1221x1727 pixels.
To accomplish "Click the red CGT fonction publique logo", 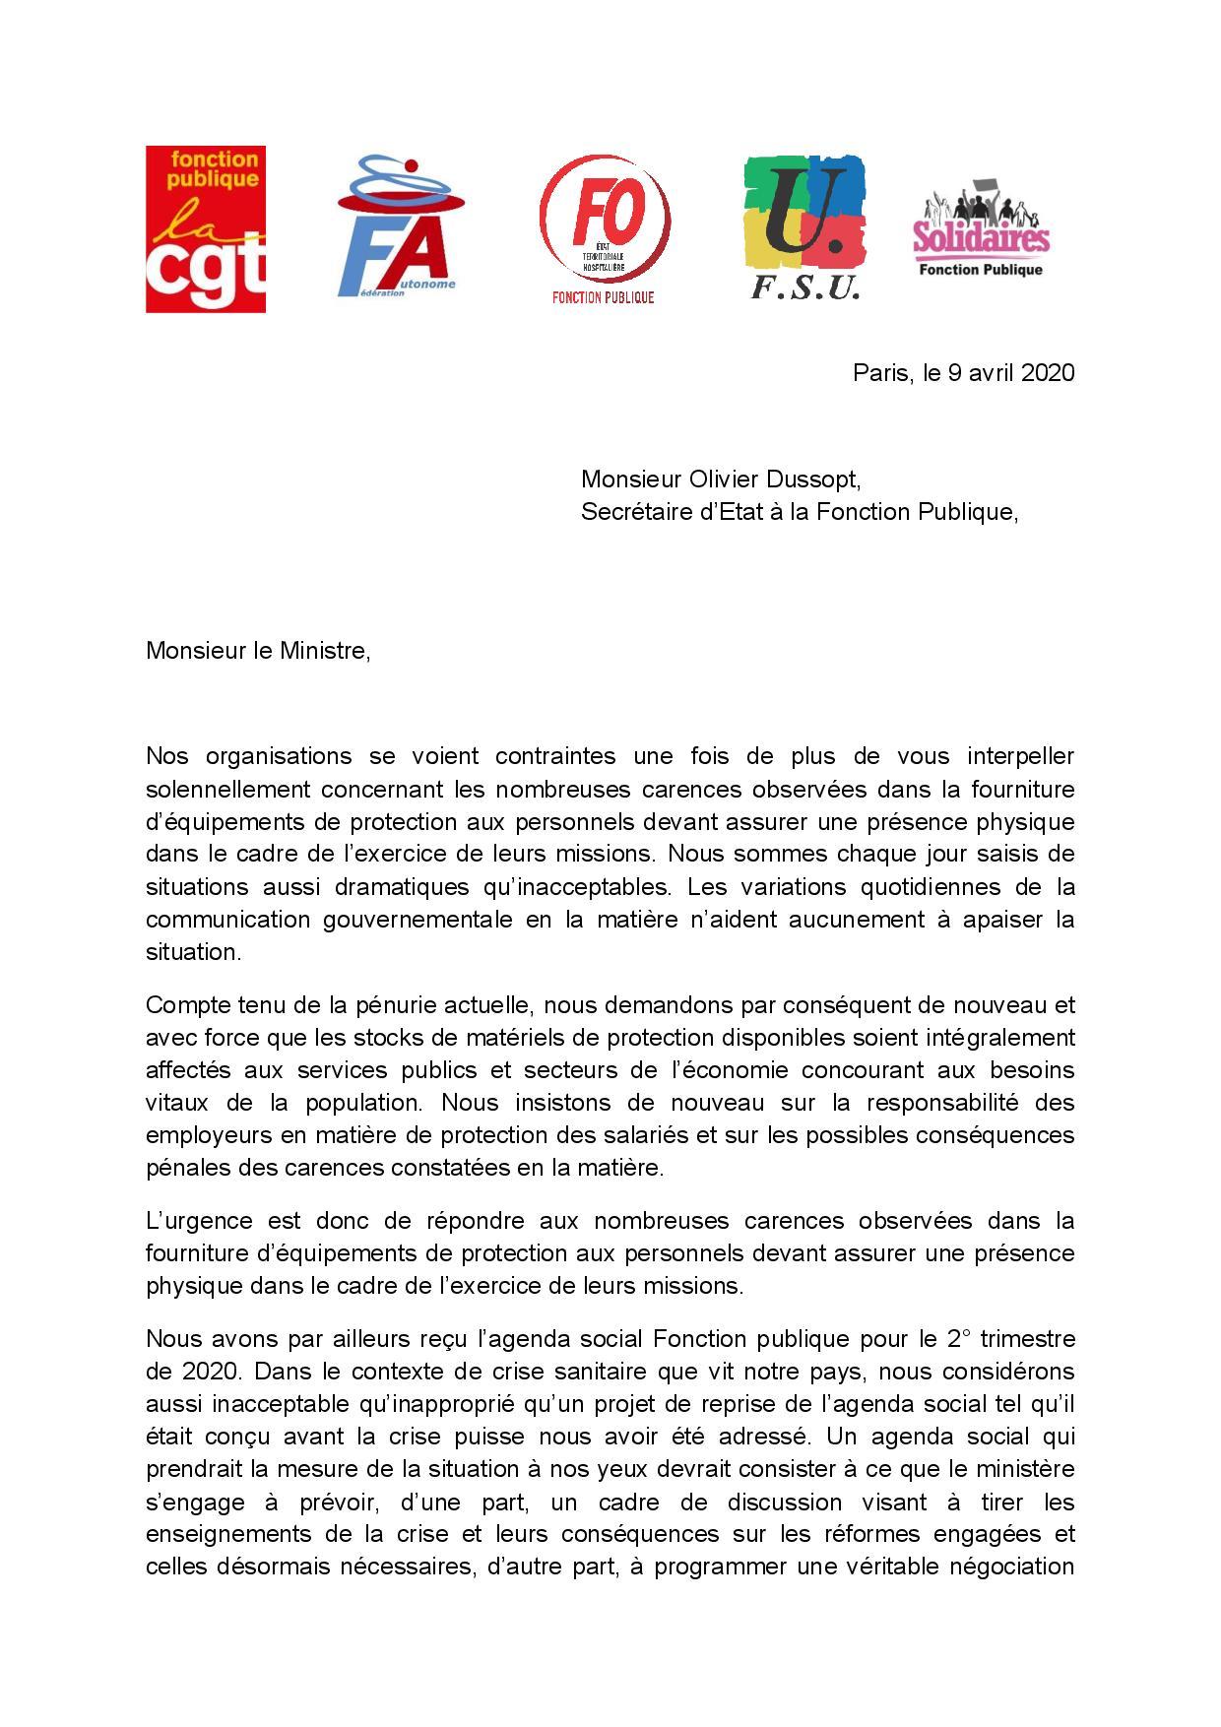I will (x=206, y=229).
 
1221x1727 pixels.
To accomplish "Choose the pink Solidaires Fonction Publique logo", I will (x=981, y=228).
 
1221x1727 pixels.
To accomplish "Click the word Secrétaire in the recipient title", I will (x=630, y=512).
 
